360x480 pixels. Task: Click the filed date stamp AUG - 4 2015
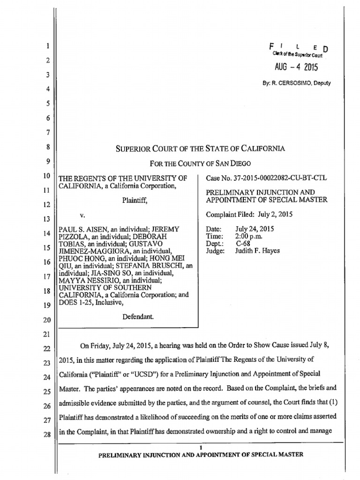point(296,67)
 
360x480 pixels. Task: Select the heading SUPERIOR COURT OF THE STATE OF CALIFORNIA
point(200,149)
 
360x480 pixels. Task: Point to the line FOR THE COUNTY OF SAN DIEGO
point(200,164)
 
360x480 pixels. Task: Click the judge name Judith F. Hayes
point(257,251)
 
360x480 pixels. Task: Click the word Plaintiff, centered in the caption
point(135,201)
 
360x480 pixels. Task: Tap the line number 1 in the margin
point(48,46)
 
